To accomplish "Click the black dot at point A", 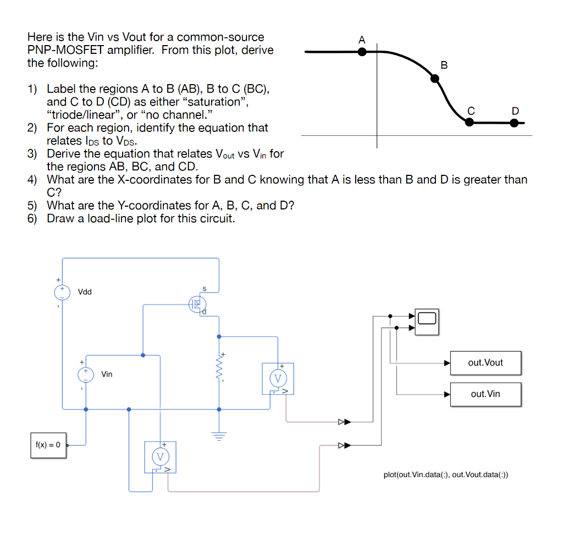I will point(362,52).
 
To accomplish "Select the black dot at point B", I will point(435,79).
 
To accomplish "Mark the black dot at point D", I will point(514,123).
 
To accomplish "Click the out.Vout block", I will point(485,363).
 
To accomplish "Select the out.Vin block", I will point(485,394).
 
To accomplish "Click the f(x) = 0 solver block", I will point(48,445).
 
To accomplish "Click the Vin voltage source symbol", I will point(85,374).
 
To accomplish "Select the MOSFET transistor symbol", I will point(197,305).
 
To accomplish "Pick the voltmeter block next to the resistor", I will point(278,378).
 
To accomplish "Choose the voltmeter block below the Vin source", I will point(160,456).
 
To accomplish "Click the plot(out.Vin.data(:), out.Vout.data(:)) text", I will point(446,474).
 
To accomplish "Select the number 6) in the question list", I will point(34,218).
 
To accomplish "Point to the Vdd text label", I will point(85,291).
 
